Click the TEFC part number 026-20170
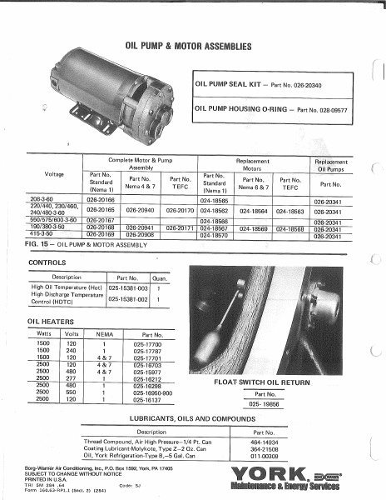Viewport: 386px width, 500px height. click(x=181, y=211)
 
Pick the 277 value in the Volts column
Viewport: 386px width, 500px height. click(x=72, y=377)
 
